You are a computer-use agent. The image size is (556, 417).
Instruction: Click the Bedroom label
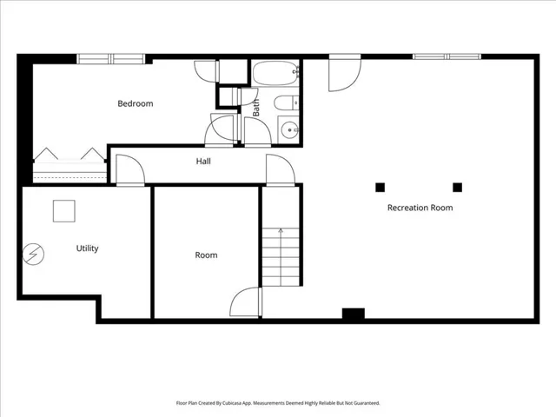(136, 103)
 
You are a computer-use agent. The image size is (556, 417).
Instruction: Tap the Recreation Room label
(420, 208)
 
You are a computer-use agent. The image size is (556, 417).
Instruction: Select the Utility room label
(87, 248)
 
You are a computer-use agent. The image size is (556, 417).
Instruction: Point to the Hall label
(203, 162)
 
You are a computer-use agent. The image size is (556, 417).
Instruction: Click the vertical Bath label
(256, 108)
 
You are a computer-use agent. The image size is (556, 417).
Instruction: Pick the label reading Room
(206, 255)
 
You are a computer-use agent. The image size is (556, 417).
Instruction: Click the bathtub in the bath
(275, 73)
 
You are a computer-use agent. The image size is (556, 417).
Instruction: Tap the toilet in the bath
(286, 103)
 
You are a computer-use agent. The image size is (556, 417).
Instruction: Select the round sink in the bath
(289, 130)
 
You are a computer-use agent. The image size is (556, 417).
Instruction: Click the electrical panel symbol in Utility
(33, 254)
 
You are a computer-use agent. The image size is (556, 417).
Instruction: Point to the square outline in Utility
(63, 211)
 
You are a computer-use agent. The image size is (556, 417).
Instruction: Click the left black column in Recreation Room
(381, 188)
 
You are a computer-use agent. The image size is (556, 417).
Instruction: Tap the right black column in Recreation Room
(458, 188)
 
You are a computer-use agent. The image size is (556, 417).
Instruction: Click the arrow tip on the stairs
(281, 229)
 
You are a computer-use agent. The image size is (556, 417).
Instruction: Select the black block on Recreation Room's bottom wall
(354, 314)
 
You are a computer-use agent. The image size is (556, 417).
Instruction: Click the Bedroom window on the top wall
(111, 59)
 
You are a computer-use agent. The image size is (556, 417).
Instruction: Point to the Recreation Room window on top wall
(447, 56)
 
